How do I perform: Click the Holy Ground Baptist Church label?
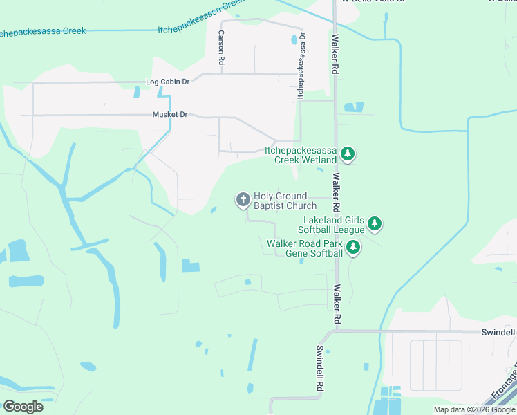click(x=285, y=201)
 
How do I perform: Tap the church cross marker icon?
click(x=243, y=200)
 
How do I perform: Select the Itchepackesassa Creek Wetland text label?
click(x=301, y=155)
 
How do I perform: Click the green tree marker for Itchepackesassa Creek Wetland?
click(x=349, y=154)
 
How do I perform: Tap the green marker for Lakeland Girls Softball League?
click(x=375, y=223)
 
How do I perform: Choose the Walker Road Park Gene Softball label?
click(x=305, y=248)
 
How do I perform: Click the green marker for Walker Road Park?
click(x=353, y=248)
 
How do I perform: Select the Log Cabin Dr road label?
click(x=167, y=82)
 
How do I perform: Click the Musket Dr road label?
click(x=169, y=115)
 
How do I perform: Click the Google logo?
click(x=23, y=407)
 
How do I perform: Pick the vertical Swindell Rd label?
click(x=320, y=370)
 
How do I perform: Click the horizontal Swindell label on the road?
click(x=498, y=332)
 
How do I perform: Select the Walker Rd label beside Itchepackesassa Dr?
click(x=335, y=55)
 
